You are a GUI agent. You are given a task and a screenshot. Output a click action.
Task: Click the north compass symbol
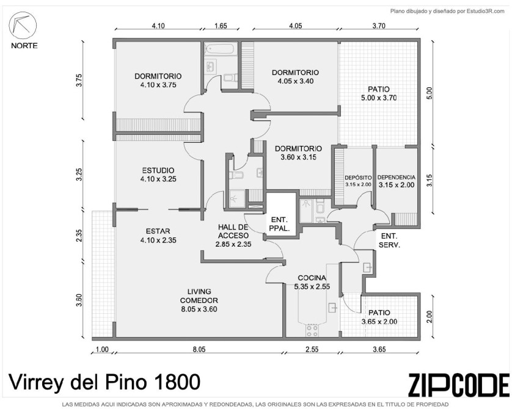pyautogui.click(x=23, y=26)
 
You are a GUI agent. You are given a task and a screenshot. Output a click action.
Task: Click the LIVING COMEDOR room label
pyautogui.click(x=199, y=300)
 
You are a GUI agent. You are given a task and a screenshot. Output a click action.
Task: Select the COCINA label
pyautogui.click(x=312, y=282)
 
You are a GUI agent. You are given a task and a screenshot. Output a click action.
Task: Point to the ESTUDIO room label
pyautogui.click(x=158, y=175)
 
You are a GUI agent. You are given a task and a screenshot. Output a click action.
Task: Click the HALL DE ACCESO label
pyautogui.click(x=233, y=236)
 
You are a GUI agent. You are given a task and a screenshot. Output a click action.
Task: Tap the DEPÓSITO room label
pyautogui.click(x=358, y=181)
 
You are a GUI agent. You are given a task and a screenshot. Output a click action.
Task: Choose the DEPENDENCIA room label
pyautogui.click(x=397, y=181)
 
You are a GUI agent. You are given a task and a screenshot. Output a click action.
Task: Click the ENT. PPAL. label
pyautogui.click(x=279, y=224)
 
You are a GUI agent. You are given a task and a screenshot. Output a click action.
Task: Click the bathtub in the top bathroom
pyautogui.click(x=219, y=49)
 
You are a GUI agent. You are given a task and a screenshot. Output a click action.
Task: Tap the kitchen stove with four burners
pyautogui.click(x=312, y=330)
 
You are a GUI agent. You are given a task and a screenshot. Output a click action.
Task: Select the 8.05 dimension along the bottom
pyautogui.click(x=199, y=349)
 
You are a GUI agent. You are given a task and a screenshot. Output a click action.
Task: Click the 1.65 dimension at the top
pyautogui.click(x=221, y=26)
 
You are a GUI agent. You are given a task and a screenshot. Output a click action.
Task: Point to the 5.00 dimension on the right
pyautogui.click(x=429, y=93)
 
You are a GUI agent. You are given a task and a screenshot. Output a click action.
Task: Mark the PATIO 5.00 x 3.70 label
pyautogui.click(x=379, y=93)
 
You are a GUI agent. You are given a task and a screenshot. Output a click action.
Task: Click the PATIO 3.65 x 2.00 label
pyautogui.click(x=379, y=317)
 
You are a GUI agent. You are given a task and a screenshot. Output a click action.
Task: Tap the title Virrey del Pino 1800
pyautogui.click(x=104, y=382)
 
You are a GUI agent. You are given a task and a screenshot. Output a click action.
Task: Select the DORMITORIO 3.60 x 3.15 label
pyautogui.click(x=298, y=153)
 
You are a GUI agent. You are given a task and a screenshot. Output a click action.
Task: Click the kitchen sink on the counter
pyautogui.click(x=333, y=307)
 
